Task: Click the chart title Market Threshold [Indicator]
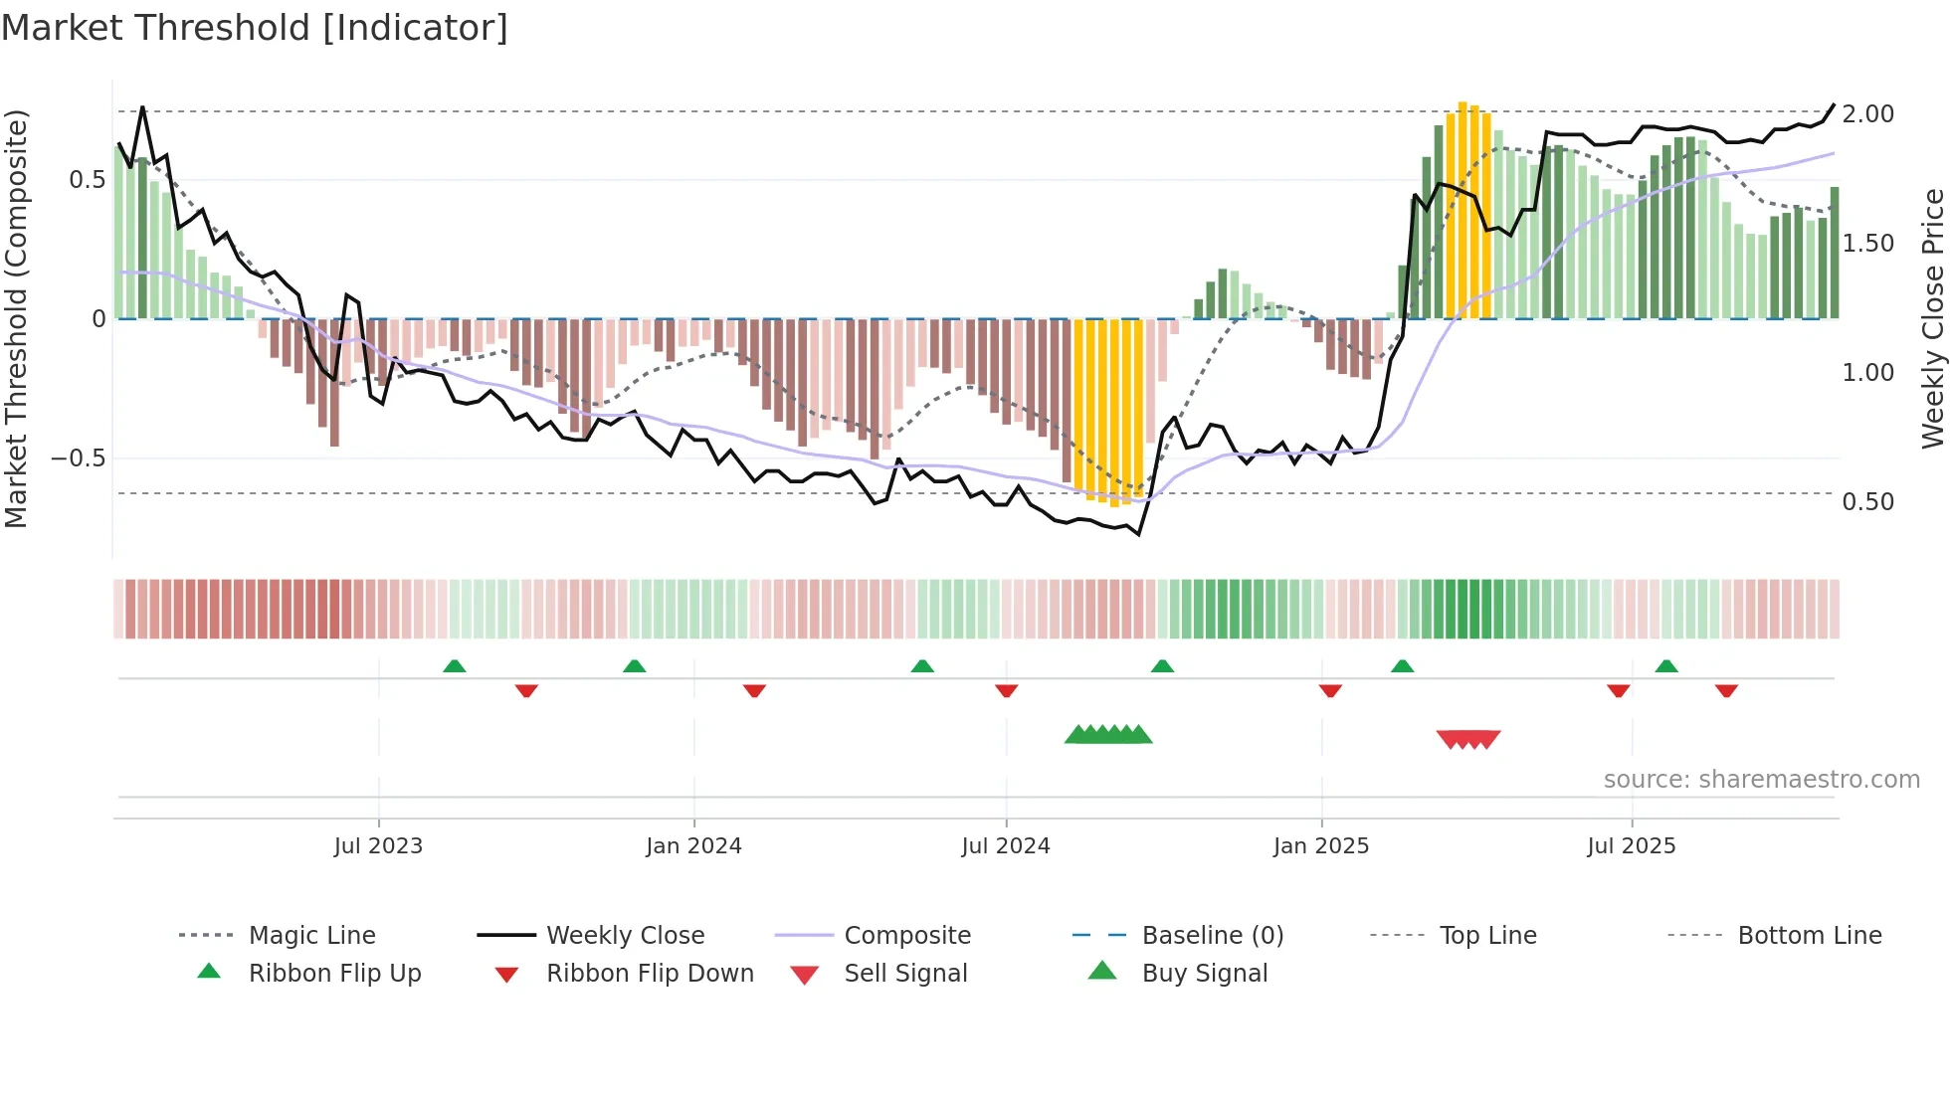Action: point(255,28)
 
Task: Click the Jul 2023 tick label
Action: point(378,845)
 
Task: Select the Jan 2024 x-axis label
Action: point(693,845)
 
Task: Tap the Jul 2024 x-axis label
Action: point(1005,845)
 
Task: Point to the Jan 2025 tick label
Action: point(1320,845)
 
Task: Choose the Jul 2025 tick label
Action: point(1631,845)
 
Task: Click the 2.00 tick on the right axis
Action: point(1867,114)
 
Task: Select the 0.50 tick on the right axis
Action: point(1867,502)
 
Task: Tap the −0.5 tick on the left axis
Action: point(79,458)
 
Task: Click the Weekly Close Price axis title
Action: point(1932,318)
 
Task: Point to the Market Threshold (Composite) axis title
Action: point(16,318)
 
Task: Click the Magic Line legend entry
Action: point(311,936)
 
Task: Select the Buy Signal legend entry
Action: point(1204,974)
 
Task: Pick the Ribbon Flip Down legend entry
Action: point(650,974)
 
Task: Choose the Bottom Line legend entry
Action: point(1809,936)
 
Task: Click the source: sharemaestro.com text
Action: point(1761,780)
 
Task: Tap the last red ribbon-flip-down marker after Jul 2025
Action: point(1726,690)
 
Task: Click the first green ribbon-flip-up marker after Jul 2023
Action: point(454,665)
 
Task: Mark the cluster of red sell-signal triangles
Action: point(1467,739)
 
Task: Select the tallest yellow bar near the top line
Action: point(1462,209)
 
